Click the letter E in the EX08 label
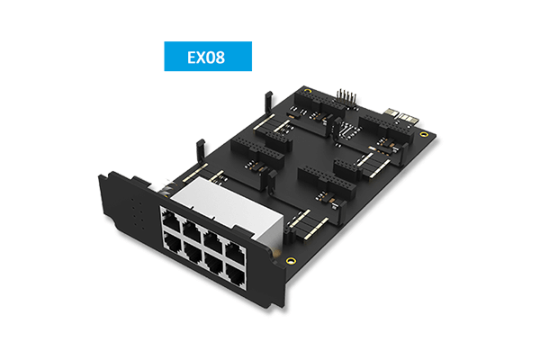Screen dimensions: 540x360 tap(192, 58)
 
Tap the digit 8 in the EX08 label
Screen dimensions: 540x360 tap(220, 58)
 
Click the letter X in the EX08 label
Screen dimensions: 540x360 tap(201, 58)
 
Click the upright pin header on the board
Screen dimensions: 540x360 tap(346, 98)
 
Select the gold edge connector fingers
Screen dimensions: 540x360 tap(401, 115)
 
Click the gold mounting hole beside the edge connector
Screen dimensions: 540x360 tap(425, 134)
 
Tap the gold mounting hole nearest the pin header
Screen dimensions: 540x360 tap(308, 92)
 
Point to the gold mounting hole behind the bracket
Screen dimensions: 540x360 tap(291, 260)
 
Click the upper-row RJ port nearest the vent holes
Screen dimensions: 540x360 tap(171, 220)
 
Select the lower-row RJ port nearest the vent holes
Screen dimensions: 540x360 tap(173, 242)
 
